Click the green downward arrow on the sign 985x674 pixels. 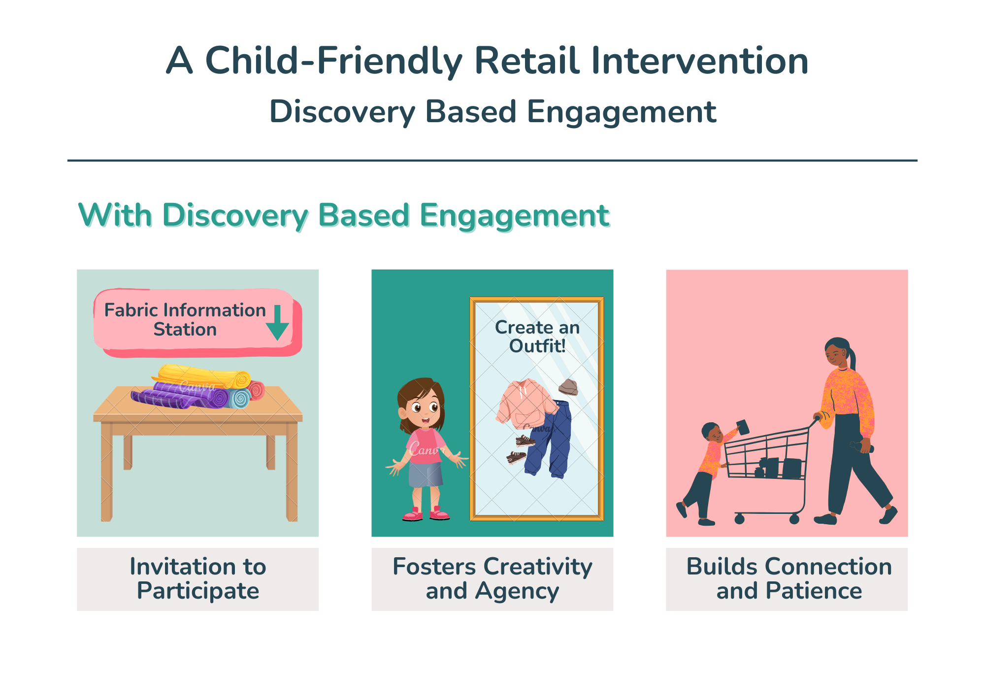click(277, 322)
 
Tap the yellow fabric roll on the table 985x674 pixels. click(202, 376)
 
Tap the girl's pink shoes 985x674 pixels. click(426, 514)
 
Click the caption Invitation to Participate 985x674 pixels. click(198, 578)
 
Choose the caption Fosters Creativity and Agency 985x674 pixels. click(492, 578)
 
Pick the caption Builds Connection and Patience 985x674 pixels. click(789, 578)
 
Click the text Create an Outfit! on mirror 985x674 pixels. click(537, 337)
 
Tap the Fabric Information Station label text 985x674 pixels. click(185, 320)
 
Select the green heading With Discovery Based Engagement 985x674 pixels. click(344, 215)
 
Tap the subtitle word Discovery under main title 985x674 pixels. click(342, 112)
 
